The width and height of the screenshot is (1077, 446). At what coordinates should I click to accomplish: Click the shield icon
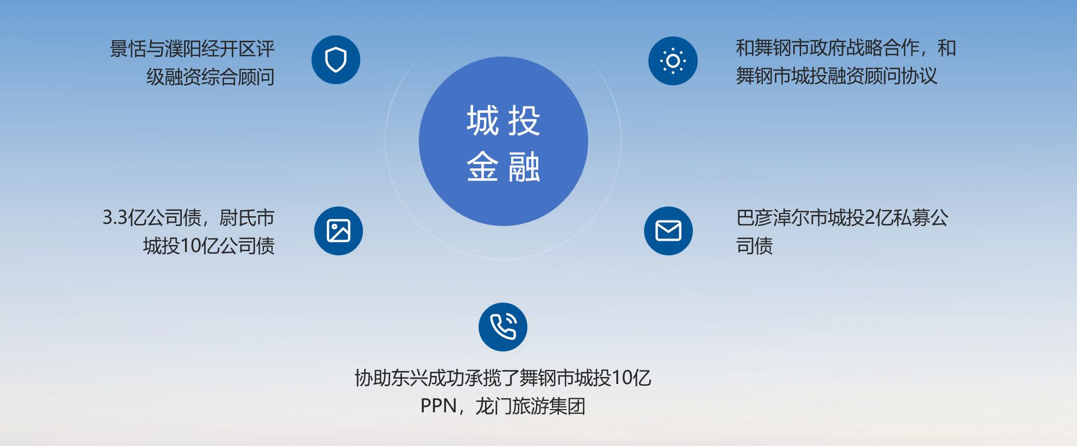[x=336, y=60]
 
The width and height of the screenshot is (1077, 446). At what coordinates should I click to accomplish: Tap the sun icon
[x=673, y=61]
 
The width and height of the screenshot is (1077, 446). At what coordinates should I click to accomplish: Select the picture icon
[x=339, y=231]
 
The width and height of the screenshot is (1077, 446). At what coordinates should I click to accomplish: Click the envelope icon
[x=668, y=231]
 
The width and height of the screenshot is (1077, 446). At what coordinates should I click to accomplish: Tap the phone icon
[x=503, y=327]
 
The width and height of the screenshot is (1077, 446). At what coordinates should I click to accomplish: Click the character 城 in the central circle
[x=482, y=121]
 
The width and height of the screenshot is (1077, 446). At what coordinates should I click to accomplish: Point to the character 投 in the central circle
[x=524, y=121]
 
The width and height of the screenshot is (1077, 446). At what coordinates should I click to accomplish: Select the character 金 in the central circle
[x=482, y=166]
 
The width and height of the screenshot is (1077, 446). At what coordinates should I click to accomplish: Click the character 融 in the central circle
[x=524, y=166]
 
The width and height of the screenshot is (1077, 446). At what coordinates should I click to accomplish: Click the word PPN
[x=438, y=406]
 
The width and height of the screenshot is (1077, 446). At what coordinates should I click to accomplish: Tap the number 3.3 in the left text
[x=115, y=218]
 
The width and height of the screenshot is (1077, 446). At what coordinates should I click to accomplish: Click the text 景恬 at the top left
[x=129, y=49]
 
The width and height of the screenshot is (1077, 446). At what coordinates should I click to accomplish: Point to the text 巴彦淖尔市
[x=782, y=218]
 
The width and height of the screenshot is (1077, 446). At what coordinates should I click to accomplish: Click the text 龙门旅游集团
[x=531, y=406]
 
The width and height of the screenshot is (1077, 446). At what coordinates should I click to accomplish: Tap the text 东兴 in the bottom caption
[x=410, y=378]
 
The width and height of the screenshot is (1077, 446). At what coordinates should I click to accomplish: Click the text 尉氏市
[x=247, y=218]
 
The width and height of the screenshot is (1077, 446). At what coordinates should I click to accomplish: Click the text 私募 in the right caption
[x=912, y=218]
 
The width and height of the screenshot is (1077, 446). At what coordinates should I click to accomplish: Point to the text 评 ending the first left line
[x=265, y=49]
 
